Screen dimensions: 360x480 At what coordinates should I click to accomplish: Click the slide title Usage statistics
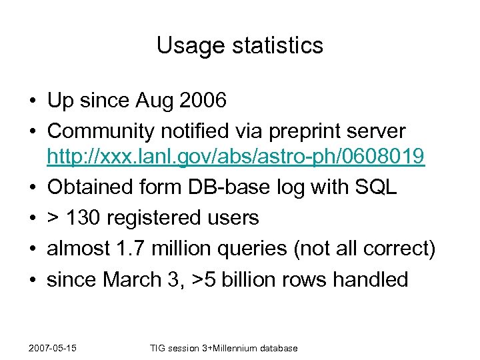tap(240, 45)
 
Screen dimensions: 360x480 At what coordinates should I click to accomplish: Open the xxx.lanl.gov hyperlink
tap(235, 157)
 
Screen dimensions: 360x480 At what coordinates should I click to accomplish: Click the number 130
tap(86, 217)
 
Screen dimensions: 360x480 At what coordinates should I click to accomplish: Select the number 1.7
tap(130, 248)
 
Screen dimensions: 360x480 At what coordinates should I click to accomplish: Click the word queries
tap(253, 248)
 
